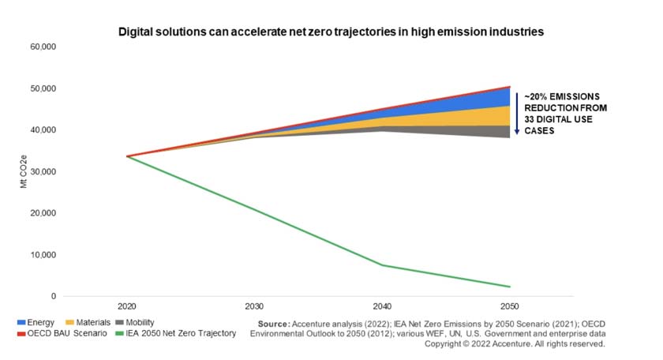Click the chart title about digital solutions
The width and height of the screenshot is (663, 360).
331,32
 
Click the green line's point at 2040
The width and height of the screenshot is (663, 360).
381,265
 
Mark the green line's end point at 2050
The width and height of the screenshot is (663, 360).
509,287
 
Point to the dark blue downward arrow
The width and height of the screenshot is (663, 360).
517,113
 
